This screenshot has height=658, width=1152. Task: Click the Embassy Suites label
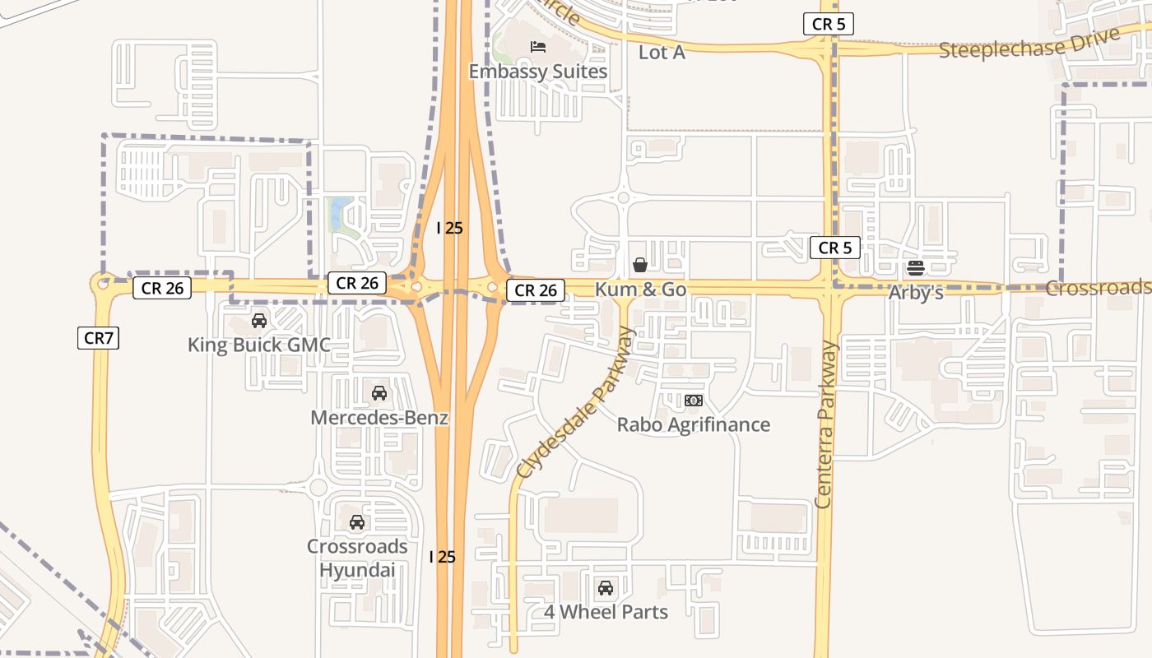538,72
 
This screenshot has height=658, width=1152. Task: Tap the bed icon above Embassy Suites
538,47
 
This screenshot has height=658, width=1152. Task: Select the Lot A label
662,52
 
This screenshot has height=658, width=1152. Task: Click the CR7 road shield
99,337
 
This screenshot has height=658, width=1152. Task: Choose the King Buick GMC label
259,345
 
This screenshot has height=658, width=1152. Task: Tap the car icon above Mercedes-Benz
379,393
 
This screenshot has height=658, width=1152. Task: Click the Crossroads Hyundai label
357,558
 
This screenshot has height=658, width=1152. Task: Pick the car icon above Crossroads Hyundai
357,522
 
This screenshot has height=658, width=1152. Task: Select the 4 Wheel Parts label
606,612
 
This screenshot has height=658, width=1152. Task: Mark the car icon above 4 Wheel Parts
606,588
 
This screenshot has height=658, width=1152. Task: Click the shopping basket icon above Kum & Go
640,265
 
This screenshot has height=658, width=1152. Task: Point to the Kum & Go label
640,289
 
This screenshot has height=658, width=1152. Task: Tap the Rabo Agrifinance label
694,424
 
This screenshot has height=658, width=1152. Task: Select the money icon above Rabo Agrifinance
694,401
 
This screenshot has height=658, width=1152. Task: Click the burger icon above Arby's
916,268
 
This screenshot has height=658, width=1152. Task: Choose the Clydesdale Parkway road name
577,402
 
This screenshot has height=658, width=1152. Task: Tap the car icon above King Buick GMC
259,321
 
